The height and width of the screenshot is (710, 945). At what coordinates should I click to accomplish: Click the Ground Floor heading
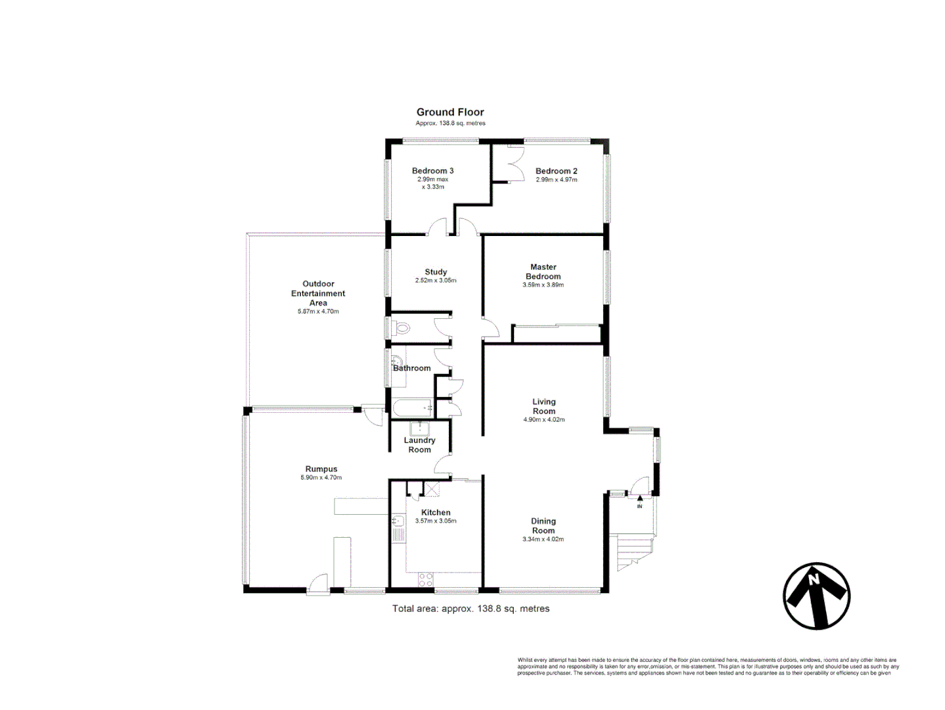450,112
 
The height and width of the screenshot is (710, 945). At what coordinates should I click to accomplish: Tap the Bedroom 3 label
432,171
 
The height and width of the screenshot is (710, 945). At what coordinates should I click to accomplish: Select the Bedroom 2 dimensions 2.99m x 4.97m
556,179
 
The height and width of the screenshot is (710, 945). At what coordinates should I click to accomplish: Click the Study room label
436,272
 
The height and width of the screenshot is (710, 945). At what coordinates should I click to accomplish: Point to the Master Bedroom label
543,272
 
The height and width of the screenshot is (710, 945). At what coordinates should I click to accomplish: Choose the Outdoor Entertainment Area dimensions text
318,312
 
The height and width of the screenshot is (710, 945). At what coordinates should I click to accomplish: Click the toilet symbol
401,327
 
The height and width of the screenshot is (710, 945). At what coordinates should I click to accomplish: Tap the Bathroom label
412,368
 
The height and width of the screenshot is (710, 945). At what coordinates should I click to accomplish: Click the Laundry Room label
419,445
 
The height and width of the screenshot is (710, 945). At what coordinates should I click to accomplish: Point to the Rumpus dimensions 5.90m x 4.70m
321,478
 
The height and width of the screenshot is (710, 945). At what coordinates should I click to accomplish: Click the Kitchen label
436,512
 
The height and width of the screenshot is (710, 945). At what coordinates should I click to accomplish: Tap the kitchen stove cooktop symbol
426,580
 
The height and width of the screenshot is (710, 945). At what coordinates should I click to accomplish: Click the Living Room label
543,406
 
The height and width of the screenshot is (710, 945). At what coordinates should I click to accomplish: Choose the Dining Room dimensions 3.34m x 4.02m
543,539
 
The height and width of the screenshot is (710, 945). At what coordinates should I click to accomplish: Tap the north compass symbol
816,596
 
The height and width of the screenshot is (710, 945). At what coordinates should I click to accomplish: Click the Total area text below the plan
471,609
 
